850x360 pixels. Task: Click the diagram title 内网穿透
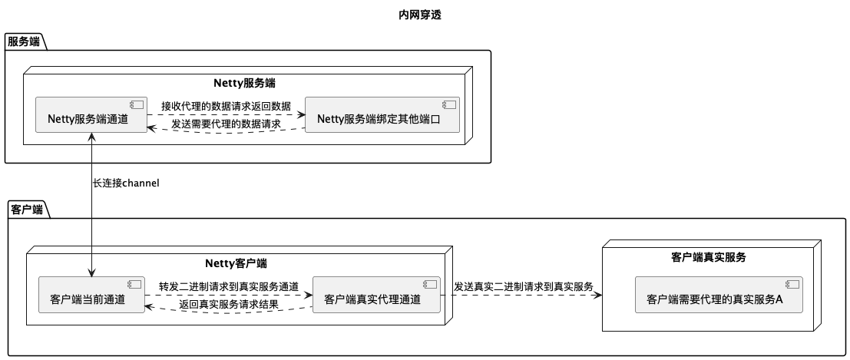point(420,15)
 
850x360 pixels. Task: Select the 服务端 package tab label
point(24,41)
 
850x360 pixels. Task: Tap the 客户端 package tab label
point(26,209)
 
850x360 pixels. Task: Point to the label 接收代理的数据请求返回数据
point(226,106)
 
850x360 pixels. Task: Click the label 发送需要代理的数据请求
point(226,124)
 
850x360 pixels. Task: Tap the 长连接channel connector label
point(126,183)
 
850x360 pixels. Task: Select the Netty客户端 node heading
point(236,263)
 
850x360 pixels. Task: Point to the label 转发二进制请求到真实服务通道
point(229,286)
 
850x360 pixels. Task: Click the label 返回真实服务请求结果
point(229,305)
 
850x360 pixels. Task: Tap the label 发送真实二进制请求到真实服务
point(524,286)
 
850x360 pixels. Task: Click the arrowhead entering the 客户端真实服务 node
point(597,296)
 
